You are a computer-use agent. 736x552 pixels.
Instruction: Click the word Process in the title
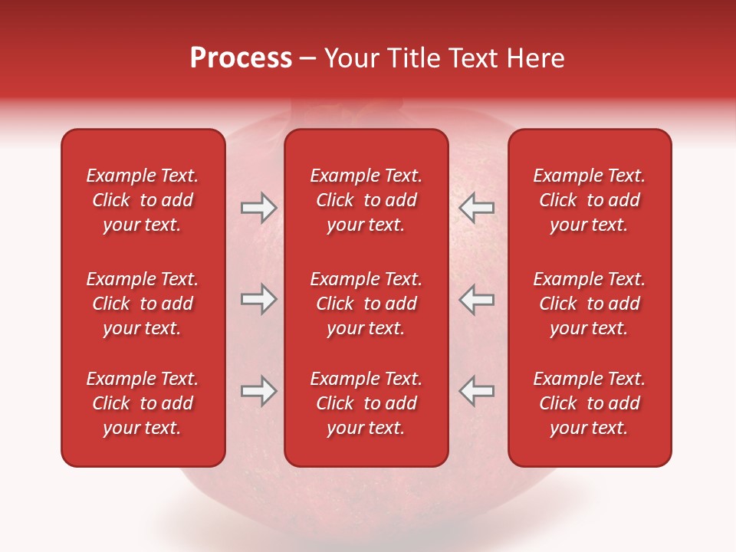pyautogui.click(x=241, y=58)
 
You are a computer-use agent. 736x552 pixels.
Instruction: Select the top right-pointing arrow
pyautogui.click(x=258, y=208)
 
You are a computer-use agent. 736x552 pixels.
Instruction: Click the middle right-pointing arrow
pyautogui.click(x=258, y=299)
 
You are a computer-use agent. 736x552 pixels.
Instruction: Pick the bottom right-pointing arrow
pyautogui.click(x=258, y=391)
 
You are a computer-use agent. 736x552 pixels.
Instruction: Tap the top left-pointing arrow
pyautogui.click(x=476, y=208)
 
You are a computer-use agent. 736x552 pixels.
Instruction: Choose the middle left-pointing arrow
pyautogui.click(x=476, y=299)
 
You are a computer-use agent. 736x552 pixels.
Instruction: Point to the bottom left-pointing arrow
pyautogui.click(x=476, y=391)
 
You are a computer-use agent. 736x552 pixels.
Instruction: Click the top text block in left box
pyautogui.click(x=143, y=200)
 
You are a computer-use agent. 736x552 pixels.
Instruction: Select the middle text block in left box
pyautogui.click(x=143, y=304)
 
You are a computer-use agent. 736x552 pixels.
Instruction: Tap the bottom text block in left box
pyautogui.click(x=143, y=403)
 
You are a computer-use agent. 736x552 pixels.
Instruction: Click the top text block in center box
pyautogui.click(x=366, y=200)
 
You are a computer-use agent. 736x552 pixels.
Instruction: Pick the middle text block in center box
pyautogui.click(x=366, y=304)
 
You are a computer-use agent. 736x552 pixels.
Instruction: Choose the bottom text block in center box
pyautogui.click(x=366, y=403)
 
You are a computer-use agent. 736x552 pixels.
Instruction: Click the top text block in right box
pyautogui.click(x=589, y=200)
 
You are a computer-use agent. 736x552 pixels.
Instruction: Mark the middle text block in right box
pyautogui.click(x=589, y=304)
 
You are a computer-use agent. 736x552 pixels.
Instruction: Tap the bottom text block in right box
pyautogui.click(x=589, y=403)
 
